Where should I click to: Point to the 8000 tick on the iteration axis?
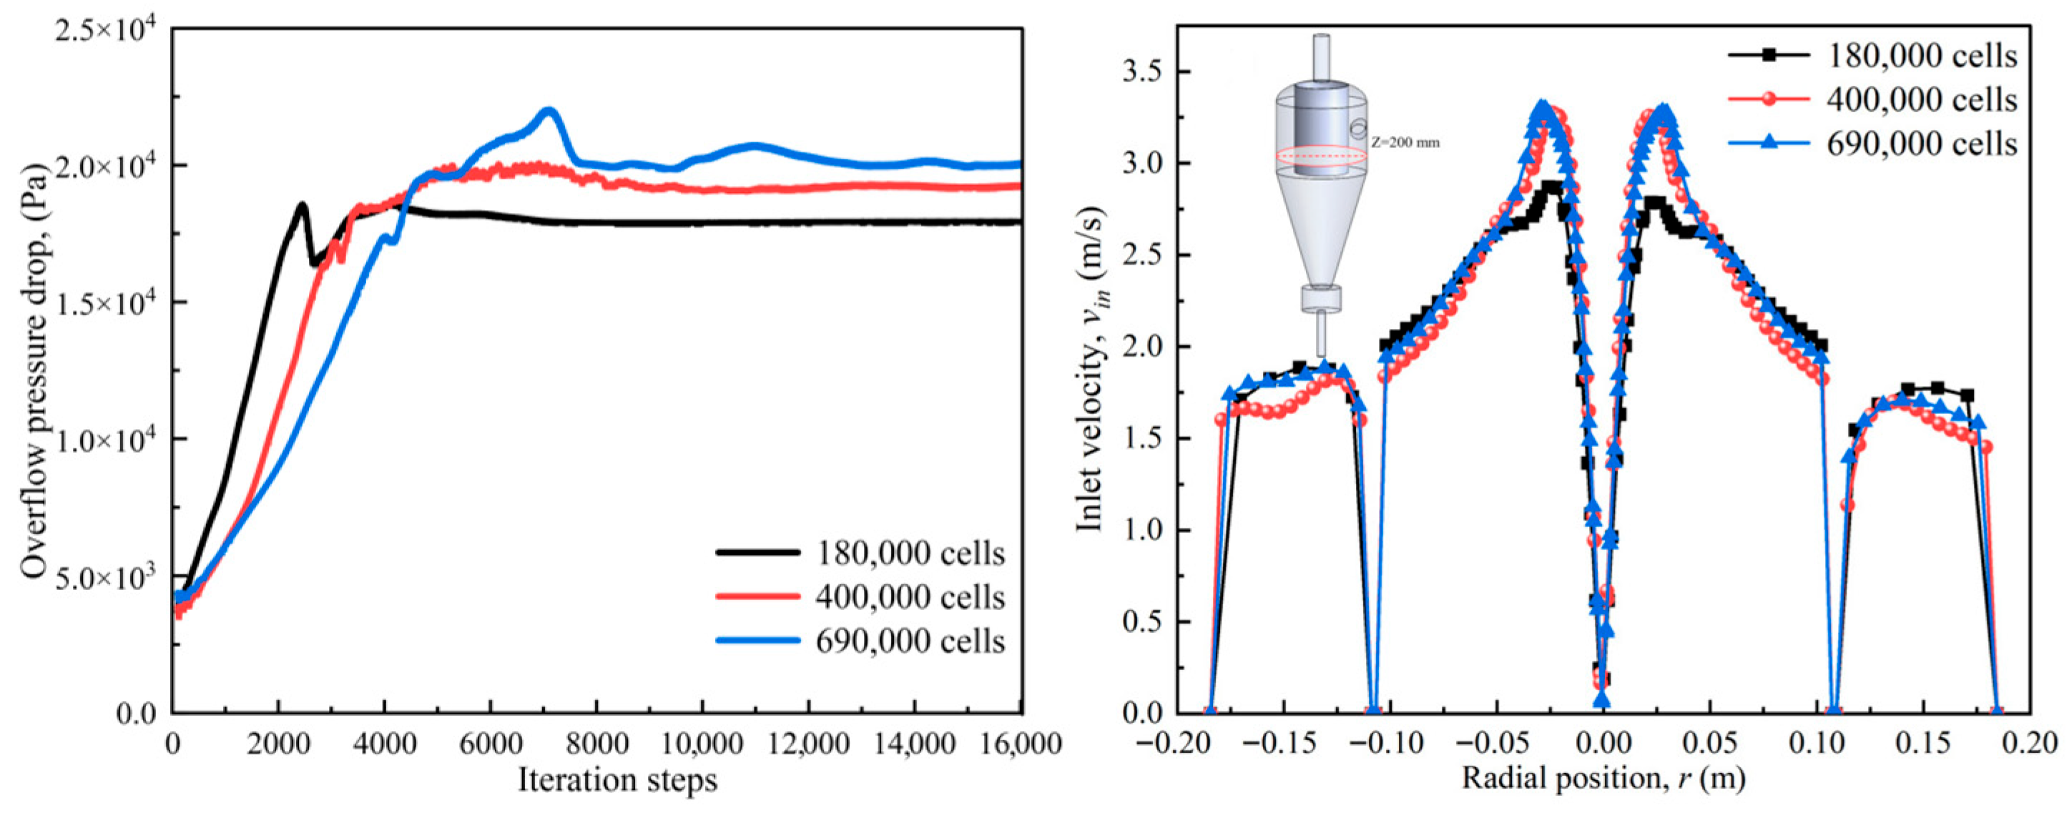point(596,743)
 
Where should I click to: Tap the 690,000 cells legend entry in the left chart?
point(860,640)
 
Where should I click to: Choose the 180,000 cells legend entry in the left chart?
point(860,553)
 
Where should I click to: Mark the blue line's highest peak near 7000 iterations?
point(549,110)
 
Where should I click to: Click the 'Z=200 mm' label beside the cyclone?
point(1405,143)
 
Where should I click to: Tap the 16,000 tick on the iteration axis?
point(1020,743)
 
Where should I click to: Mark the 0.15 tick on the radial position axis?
point(1925,743)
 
